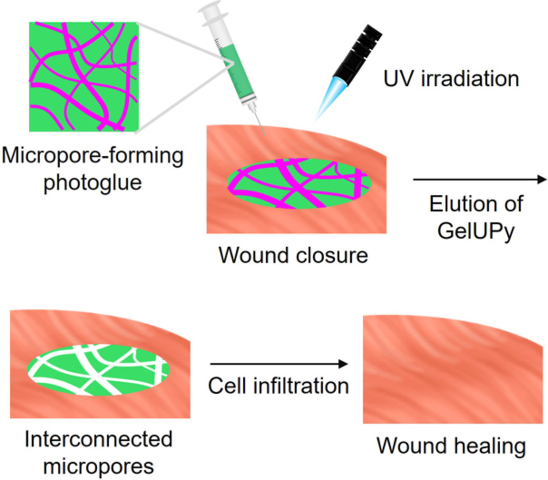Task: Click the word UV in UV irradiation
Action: coord(399,79)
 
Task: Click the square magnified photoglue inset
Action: coord(84,76)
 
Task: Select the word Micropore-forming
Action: coord(92,156)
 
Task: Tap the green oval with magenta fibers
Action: coord(299,183)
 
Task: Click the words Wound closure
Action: coord(293,255)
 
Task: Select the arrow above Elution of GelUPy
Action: coord(479,179)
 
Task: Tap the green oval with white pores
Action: coord(98,369)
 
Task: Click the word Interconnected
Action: coord(98,439)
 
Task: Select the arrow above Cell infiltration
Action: coord(279,364)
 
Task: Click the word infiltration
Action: coord(301,386)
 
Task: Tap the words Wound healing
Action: coord(451,445)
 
